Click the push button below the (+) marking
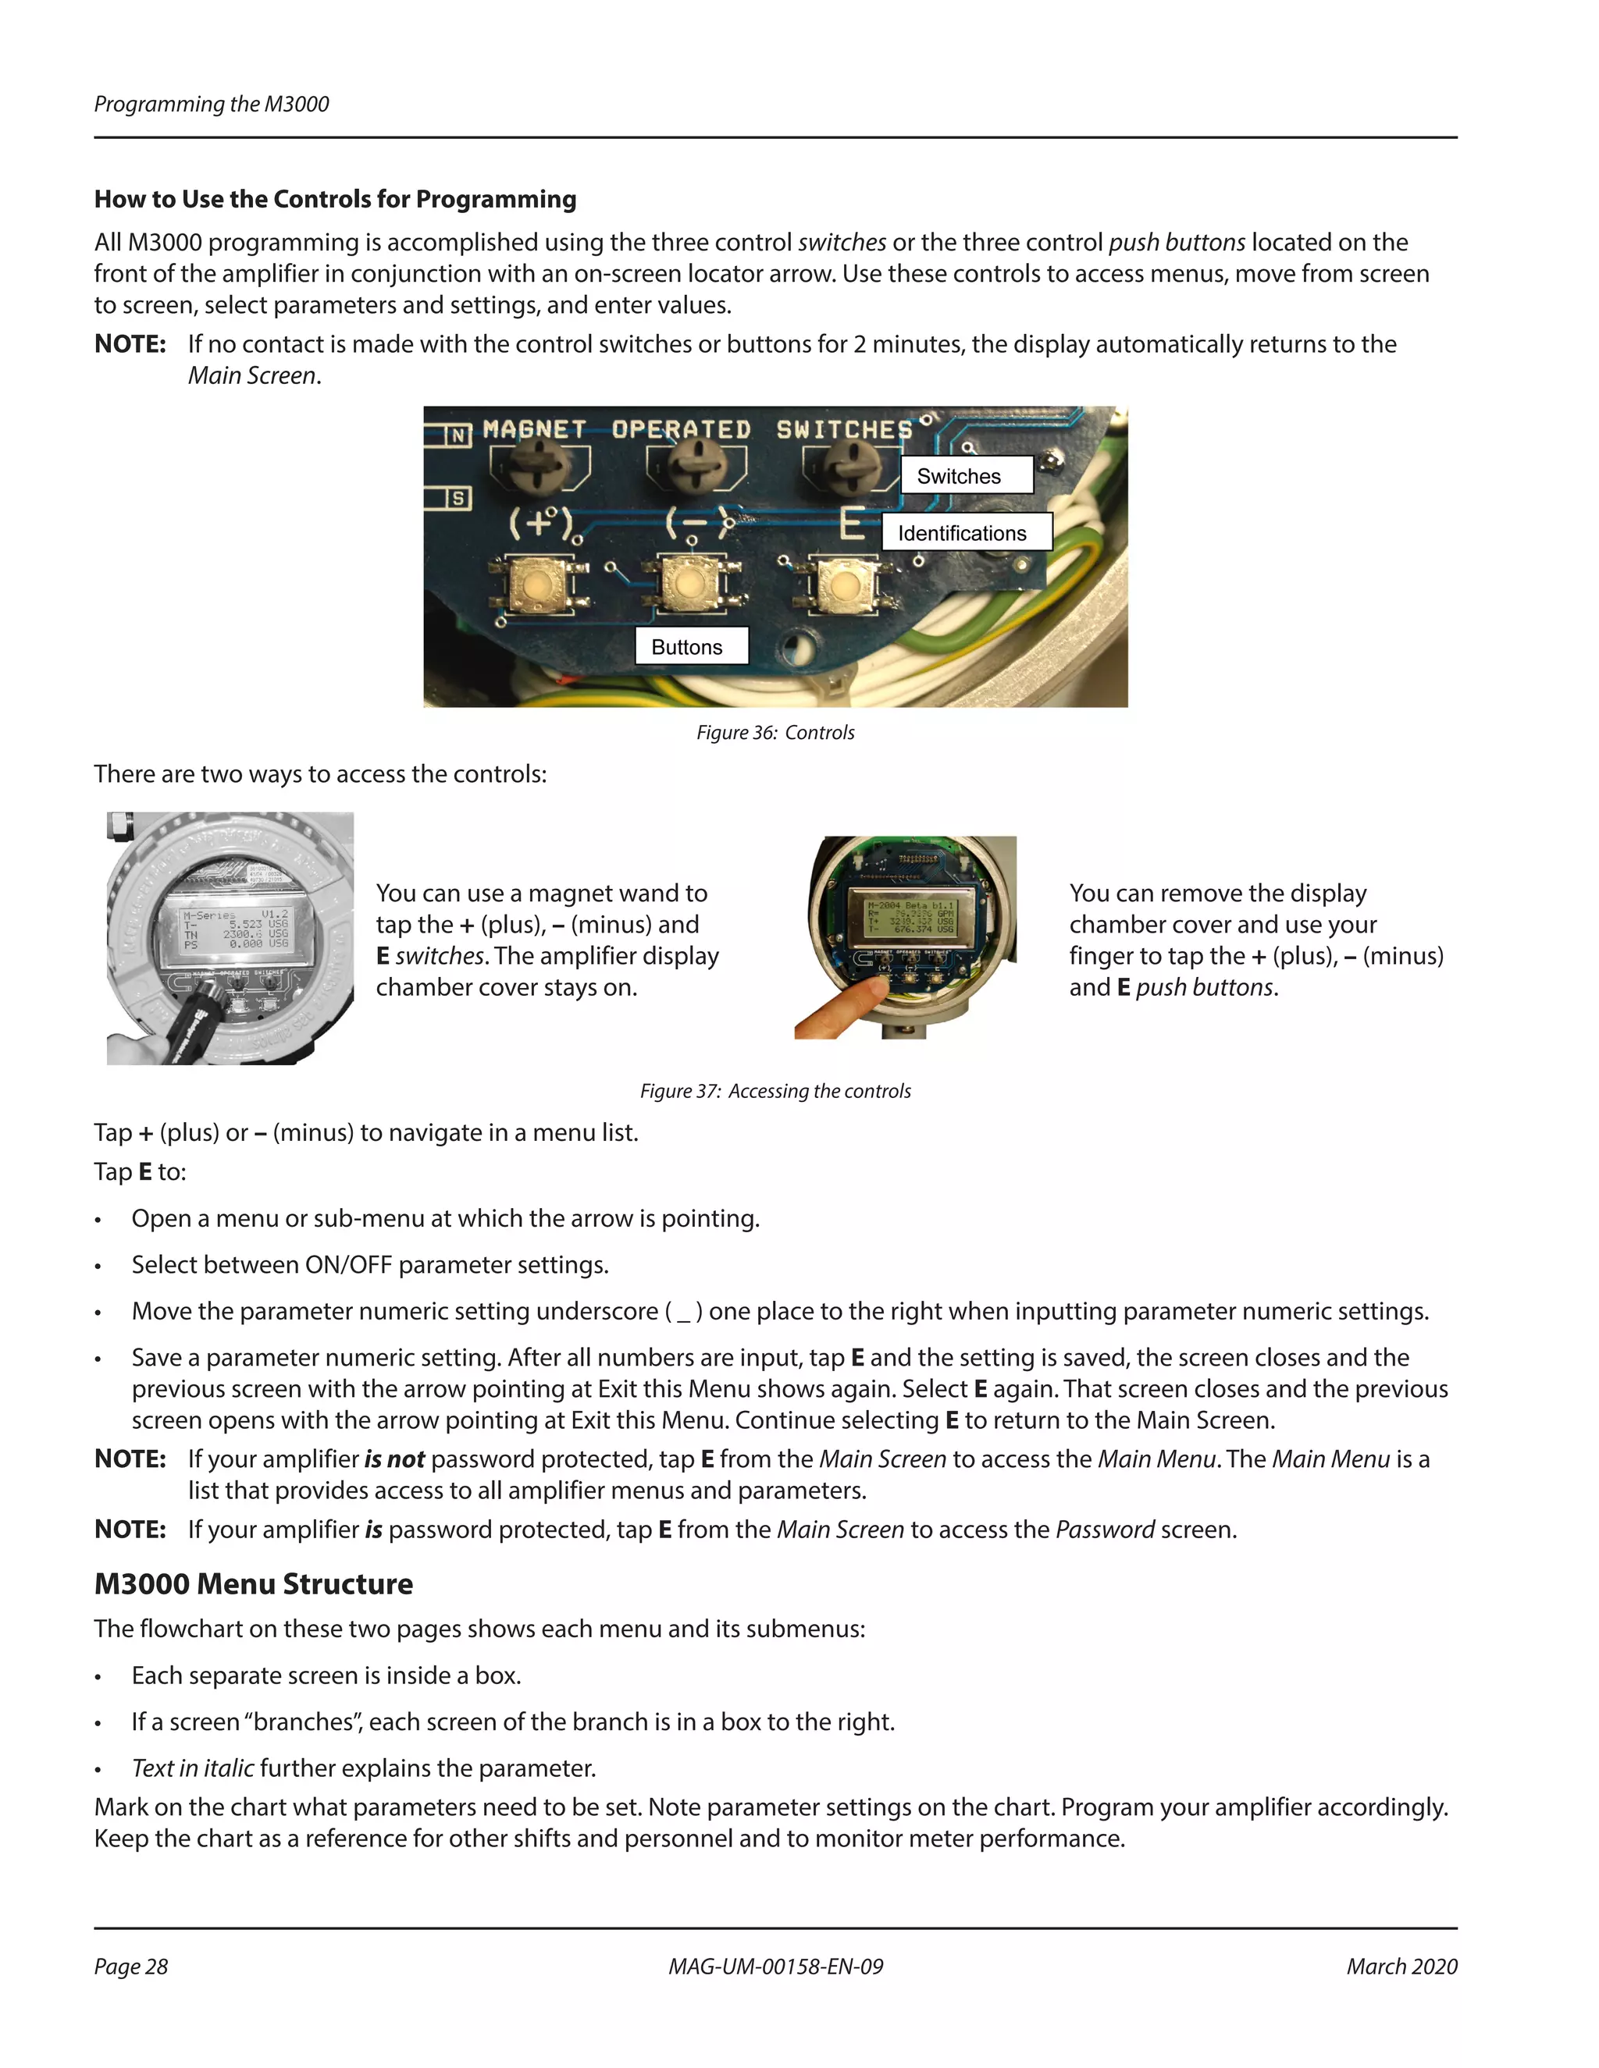(x=534, y=585)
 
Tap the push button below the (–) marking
(x=689, y=585)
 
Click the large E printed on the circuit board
(x=852, y=523)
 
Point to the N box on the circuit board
(x=458, y=435)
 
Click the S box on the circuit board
(x=458, y=497)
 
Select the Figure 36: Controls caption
(x=775, y=732)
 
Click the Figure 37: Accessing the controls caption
(x=775, y=1091)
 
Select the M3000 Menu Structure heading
(x=253, y=1584)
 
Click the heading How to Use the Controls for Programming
(x=335, y=199)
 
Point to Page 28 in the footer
(x=130, y=1967)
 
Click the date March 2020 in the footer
(x=1401, y=1967)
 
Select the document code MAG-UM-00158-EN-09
(x=775, y=1967)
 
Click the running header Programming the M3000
(x=212, y=104)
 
